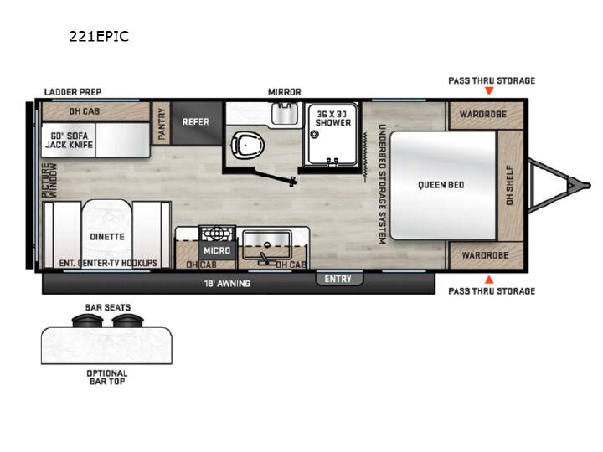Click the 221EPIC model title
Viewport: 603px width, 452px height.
(x=99, y=37)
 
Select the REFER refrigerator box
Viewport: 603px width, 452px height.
(x=197, y=123)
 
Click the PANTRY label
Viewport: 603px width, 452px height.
(x=162, y=123)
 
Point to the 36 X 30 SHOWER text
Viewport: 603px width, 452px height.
(x=332, y=118)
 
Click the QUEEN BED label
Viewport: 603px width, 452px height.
(x=441, y=185)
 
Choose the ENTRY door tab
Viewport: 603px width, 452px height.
(x=338, y=279)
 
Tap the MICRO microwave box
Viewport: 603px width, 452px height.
(x=217, y=250)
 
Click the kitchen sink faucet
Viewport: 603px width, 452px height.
(x=265, y=259)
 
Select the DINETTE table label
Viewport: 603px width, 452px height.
(x=107, y=236)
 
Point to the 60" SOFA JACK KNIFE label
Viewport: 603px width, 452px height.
(x=70, y=141)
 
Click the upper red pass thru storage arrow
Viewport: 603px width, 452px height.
(x=489, y=90)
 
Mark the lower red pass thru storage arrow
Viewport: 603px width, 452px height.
(x=489, y=280)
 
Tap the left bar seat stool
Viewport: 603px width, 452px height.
(x=87, y=320)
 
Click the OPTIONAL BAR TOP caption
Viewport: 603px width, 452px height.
(x=107, y=377)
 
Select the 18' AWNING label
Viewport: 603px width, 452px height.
(x=227, y=284)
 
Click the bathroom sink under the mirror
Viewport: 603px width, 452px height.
(x=285, y=113)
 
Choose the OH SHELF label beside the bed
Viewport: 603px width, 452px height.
(x=509, y=185)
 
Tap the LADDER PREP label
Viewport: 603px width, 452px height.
(x=73, y=92)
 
